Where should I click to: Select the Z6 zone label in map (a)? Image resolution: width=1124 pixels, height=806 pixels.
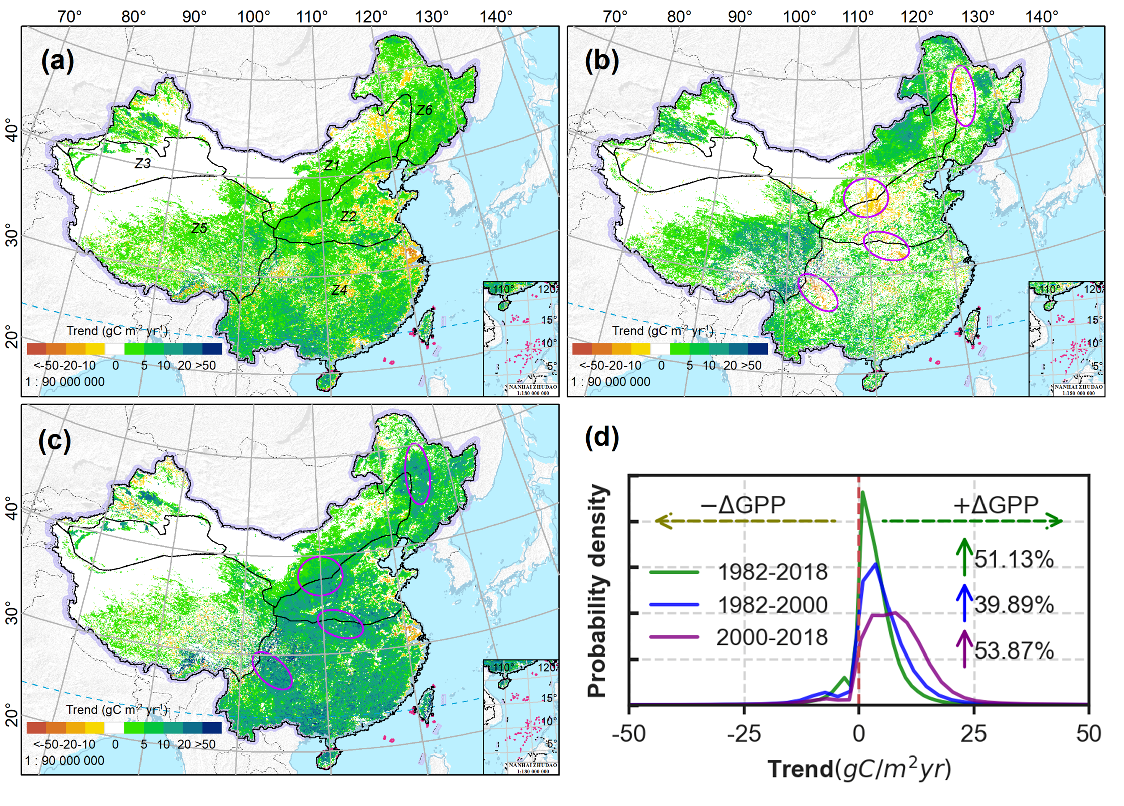coord(424,110)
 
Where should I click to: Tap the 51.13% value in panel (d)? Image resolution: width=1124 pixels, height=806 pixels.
coord(1014,559)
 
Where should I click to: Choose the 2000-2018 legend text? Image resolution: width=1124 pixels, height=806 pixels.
coord(772,637)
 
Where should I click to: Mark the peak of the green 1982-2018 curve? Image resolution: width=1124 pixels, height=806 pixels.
coord(863,492)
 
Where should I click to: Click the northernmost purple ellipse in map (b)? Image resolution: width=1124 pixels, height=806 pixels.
coord(963,96)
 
